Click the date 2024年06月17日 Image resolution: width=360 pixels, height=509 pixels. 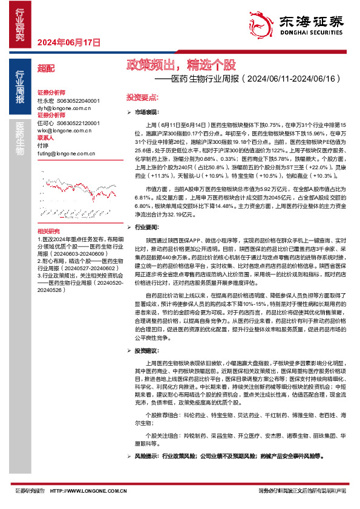coord(68,42)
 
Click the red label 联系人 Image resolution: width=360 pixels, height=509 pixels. coord(46,137)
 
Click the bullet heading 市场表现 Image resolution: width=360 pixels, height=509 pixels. coord(146,112)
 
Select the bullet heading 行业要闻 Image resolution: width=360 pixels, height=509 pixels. coord(146,225)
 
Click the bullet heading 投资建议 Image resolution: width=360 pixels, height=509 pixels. coord(146,350)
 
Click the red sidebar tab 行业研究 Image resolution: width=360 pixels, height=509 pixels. coord(20,25)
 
